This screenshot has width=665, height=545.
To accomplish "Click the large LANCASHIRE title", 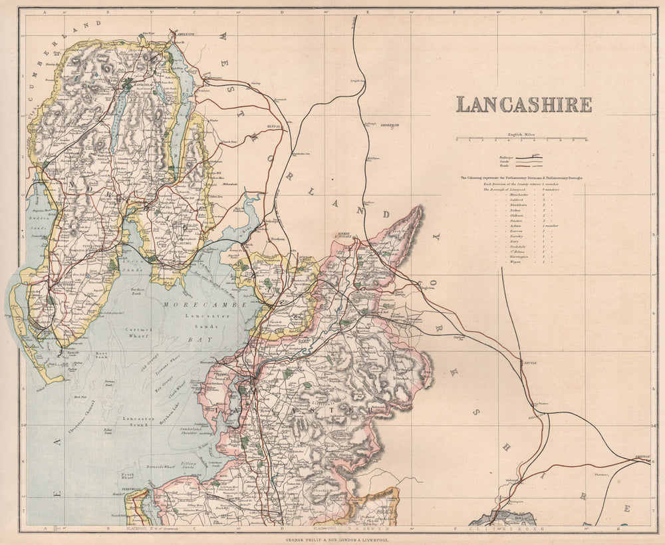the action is (523, 105).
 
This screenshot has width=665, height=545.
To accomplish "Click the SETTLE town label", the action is (529, 363).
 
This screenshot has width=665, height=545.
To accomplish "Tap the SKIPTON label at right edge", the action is (641, 457).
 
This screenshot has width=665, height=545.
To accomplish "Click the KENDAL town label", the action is (277, 124).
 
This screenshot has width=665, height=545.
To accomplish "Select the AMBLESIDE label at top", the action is (186, 32).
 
